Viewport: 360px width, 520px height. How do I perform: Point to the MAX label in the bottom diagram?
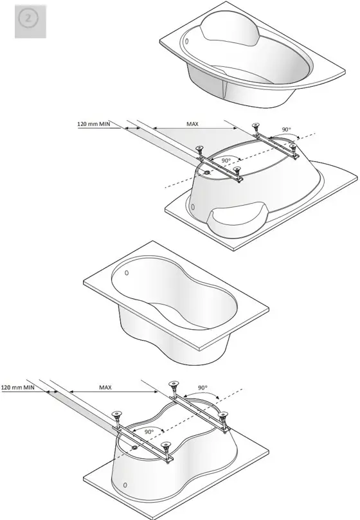(105, 387)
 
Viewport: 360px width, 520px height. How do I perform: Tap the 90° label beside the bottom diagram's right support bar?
(202, 388)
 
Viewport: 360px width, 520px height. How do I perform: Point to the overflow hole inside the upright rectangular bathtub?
(126, 273)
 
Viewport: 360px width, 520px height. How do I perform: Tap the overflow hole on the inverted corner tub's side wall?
(193, 207)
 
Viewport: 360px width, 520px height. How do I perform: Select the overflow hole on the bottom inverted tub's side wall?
(126, 483)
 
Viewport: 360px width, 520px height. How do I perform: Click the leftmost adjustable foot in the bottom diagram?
(118, 415)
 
